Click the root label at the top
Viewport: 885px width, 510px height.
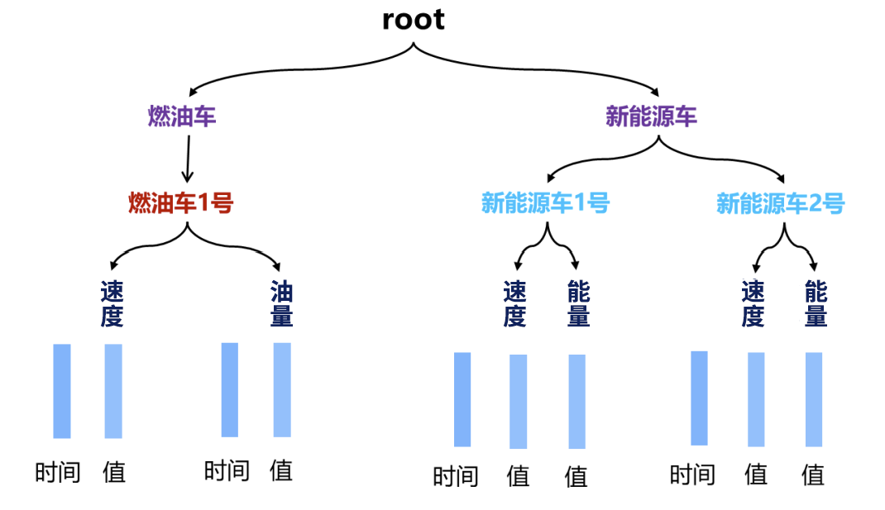click(x=413, y=20)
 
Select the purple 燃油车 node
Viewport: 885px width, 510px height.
click(x=182, y=117)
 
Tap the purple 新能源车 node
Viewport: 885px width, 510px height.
click(x=651, y=117)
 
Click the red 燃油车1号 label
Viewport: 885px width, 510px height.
click(x=180, y=203)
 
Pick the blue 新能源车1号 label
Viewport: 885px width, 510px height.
click(x=545, y=203)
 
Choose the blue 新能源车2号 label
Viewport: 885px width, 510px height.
click(x=780, y=203)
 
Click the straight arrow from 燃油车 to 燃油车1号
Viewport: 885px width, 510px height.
click(x=188, y=158)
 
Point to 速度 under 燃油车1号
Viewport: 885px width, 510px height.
click(x=112, y=303)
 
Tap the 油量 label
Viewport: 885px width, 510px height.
click(x=282, y=303)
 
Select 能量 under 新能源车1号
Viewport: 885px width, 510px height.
click(x=578, y=303)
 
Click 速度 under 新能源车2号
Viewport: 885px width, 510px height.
click(x=753, y=303)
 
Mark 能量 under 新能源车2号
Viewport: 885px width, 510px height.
click(x=816, y=303)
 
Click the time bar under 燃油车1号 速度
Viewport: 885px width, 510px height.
click(x=62, y=391)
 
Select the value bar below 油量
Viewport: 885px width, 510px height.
click(x=282, y=389)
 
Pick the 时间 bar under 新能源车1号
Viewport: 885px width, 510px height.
click(x=462, y=399)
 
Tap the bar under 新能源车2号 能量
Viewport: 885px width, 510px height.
click(x=814, y=399)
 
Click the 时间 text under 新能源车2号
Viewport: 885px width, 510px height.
click(x=692, y=474)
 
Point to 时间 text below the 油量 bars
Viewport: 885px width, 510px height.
click(x=227, y=471)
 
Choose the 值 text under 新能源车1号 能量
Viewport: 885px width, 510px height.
click(x=576, y=476)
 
